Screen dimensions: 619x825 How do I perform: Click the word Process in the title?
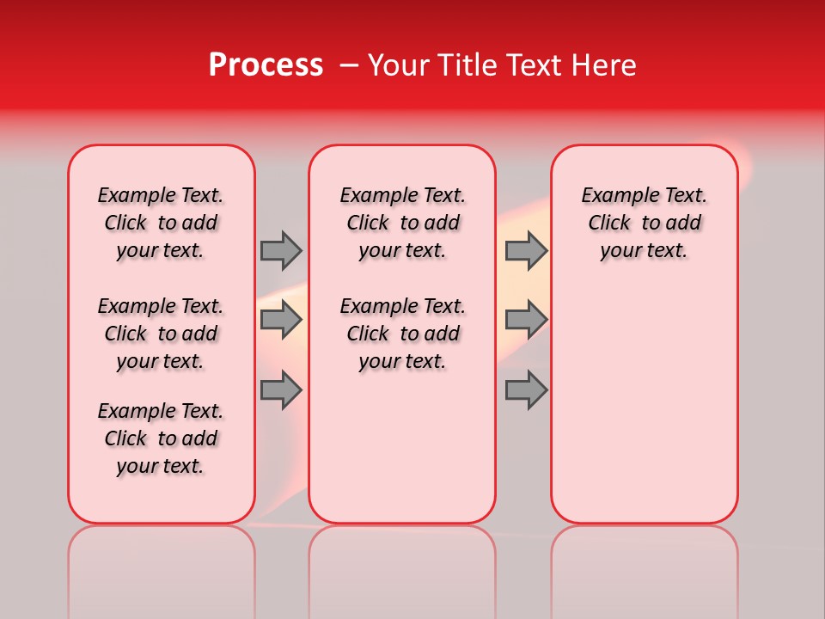(266, 65)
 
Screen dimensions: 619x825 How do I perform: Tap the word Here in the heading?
(604, 65)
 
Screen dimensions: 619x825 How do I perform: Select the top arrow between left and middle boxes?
(281, 250)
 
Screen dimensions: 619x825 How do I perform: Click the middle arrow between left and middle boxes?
(281, 321)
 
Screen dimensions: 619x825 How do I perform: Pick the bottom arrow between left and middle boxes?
(281, 390)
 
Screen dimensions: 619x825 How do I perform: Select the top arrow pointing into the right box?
(526, 250)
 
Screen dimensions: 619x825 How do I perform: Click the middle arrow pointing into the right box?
(526, 321)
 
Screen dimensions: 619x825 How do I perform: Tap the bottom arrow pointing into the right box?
(526, 390)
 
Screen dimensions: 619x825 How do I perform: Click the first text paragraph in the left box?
(161, 223)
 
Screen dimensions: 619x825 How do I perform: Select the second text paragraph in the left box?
(161, 334)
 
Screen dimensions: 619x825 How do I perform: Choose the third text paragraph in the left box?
(161, 438)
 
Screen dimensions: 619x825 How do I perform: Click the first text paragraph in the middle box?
(402, 223)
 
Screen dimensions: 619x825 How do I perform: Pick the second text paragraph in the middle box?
(402, 334)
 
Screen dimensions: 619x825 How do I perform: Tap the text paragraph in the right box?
(645, 223)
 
